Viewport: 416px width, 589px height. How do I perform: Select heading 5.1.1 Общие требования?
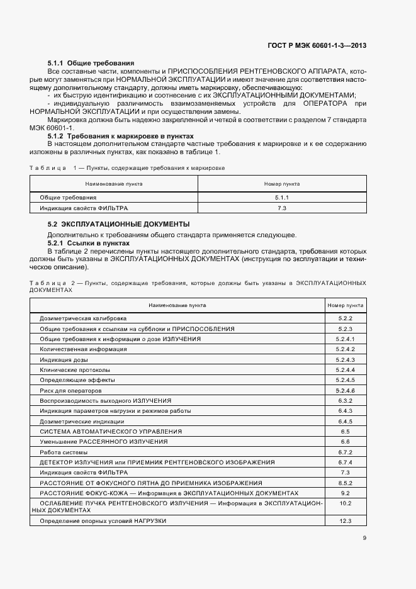(91, 64)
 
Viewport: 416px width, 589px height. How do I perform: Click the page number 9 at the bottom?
(364, 537)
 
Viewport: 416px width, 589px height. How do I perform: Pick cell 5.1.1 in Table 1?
(281, 198)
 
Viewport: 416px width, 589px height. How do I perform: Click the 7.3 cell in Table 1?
(281, 208)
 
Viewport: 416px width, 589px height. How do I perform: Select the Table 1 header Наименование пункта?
(114, 184)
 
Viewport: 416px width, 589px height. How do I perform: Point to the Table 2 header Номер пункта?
(345, 305)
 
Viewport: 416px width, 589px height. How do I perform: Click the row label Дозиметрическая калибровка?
(83, 318)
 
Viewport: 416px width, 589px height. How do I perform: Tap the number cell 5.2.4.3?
(345, 359)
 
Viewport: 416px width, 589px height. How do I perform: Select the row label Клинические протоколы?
(75, 369)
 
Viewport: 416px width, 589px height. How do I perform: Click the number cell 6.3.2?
(345, 400)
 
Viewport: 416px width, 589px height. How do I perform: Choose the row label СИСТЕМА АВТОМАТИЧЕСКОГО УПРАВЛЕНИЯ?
(111, 431)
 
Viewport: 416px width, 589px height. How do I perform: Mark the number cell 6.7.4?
(345, 462)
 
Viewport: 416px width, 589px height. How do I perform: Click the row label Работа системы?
(64, 452)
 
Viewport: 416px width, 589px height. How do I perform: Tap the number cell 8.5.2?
(345, 483)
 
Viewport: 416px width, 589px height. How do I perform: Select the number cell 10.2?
(345, 503)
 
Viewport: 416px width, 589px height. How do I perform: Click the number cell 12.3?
(345, 522)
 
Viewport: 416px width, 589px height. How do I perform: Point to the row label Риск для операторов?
(70, 390)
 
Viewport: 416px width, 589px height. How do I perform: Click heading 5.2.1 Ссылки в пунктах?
(89, 242)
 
